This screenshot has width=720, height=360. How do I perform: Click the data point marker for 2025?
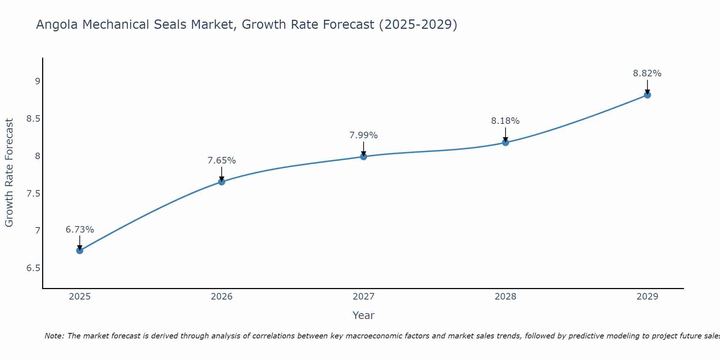click(x=80, y=251)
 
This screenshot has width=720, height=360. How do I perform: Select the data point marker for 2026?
click(x=222, y=182)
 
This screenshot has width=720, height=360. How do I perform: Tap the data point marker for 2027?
click(x=364, y=156)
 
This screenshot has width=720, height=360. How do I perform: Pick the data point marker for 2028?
click(x=505, y=143)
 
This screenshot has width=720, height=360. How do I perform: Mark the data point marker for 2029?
click(x=647, y=95)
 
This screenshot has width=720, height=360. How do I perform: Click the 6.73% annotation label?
click(x=80, y=230)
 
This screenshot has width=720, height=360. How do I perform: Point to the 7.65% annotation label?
click(x=222, y=161)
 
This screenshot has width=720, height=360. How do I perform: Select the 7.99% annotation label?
click(x=364, y=135)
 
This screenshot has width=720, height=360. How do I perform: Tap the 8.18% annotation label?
click(x=505, y=121)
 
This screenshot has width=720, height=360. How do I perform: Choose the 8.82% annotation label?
click(x=647, y=73)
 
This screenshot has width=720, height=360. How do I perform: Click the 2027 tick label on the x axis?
click(x=364, y=297)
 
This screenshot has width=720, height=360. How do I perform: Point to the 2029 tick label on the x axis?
click(x=647, y=297)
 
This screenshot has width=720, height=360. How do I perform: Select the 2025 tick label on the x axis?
click(x=80, y=297)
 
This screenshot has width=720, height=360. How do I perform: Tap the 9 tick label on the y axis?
click(x=37, y=81)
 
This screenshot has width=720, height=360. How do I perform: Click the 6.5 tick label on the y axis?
click(x=33, y=268)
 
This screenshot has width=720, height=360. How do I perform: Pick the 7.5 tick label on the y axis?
click(x=33, y=194)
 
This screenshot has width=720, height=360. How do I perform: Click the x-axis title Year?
click(x=364, y=315)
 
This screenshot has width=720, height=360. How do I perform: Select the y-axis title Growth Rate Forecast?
click(x=9, y=173)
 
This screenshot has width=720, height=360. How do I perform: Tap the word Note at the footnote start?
click(x=54, y=336)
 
